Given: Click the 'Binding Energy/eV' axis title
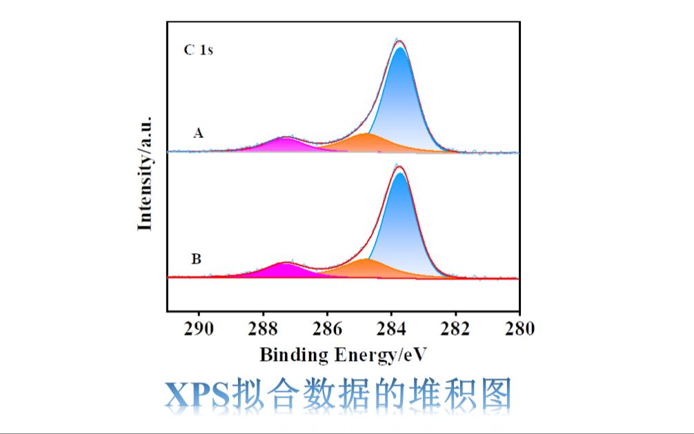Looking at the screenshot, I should tap(343, 355).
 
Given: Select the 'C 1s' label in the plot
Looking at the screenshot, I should tap(198, 50).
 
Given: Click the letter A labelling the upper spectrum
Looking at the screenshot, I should tap(198, 133).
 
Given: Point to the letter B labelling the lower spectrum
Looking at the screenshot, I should tap(197, 259).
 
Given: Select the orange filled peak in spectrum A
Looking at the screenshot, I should tap(368, 142).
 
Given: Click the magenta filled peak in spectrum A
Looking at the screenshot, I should tap(284, 145).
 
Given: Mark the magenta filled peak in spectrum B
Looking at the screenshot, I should tap(285, 270).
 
